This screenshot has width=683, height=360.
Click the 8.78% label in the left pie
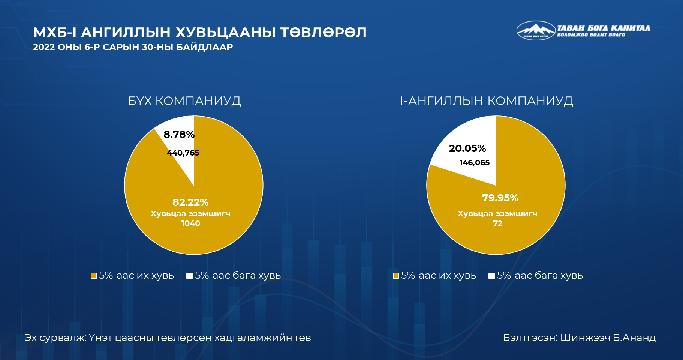coord(179,135)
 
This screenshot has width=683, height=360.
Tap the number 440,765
coord(183,153)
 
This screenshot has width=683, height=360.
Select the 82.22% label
coord(190,202)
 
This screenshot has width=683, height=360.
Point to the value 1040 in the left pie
coord(190,223)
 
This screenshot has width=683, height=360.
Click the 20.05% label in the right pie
coord(467,148)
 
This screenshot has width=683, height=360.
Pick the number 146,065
coord(475,163)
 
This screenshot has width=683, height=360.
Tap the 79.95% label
coord(500,198)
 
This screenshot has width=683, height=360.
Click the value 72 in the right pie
coord(497,223)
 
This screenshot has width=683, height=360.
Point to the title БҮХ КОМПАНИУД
coord(184,101)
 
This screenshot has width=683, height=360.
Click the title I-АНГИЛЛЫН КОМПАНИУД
coord(487,101)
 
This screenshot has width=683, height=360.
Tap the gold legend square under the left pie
coord(94,276)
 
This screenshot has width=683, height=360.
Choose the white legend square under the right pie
coord(491,276)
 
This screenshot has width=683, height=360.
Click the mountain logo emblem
coord(536,30)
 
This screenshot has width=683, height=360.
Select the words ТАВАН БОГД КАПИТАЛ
coord(604,28)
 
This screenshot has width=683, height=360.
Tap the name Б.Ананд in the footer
coord(634,338)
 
